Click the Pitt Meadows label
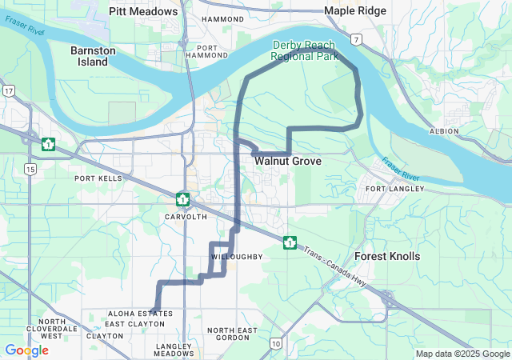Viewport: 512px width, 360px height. pyautogui.click(x=143, y=11)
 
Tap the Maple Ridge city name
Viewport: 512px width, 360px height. pyautogui.click(x=355, y=10)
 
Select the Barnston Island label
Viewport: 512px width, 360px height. pyautogui.click(x=93, y=56)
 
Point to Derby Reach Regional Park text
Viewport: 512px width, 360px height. pyautogui.click(x=305, y=51)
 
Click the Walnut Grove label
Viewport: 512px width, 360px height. pyautogui.click(x=288, y=162)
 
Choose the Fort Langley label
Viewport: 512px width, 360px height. pyautogui.click(x=391, y=189)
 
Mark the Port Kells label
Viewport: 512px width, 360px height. pyautogui.click(x=98, y=178)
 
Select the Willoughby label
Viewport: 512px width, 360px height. pyautogui.click(x=237, y=257)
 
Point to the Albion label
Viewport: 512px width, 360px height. pyautogui.click(x=444, y=130)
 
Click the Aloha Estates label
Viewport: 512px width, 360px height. pyautogui.click(x=135, y=314)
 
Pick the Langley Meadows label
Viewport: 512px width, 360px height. pyautogui.click(x=174, y=349)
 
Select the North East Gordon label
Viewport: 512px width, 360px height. pyautogui.click(x=232, y=334)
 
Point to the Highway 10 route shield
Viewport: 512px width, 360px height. pyautogui.click(x=274, y=344)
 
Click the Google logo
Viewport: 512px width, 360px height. pyautogui.click(x=26, y=350)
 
